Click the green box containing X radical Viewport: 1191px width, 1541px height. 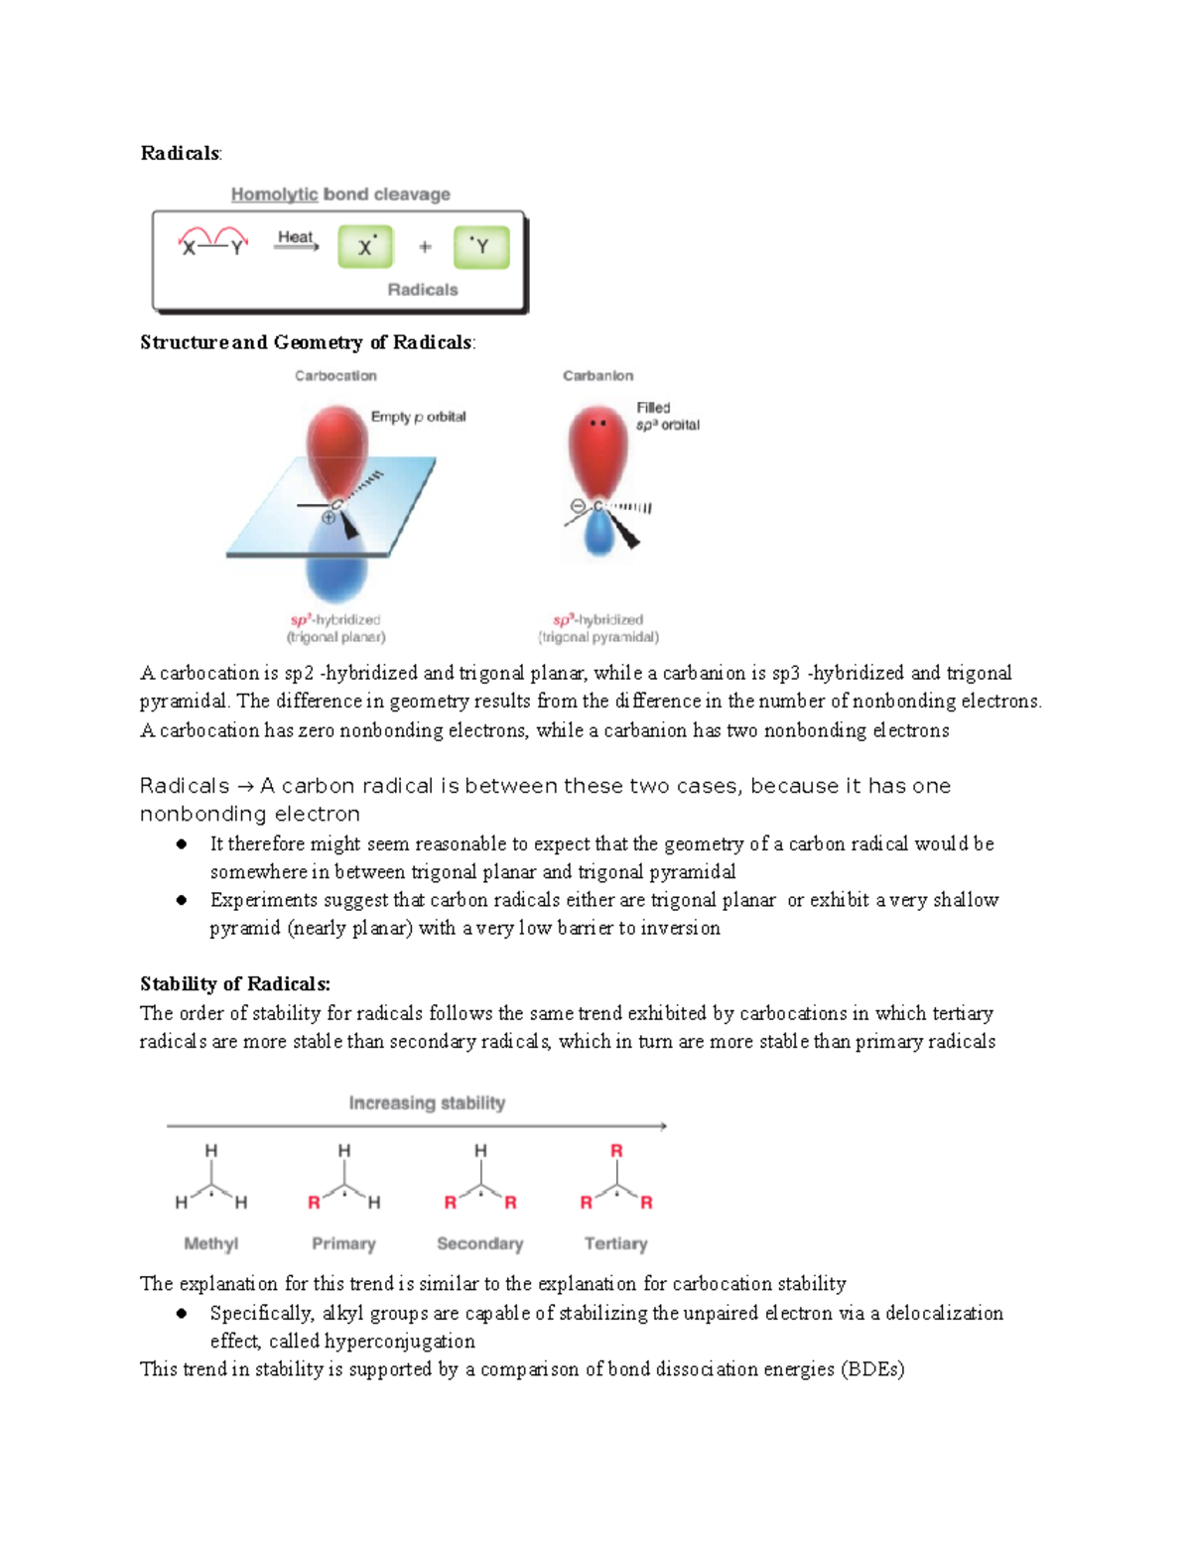click(x=365, y=247)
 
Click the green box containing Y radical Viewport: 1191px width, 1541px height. click(x=481, y=247)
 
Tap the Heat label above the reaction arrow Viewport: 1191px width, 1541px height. click(x=295, y=237)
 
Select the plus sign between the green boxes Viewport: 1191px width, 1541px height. click(x=424, y=247)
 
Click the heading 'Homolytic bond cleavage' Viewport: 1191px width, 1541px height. click(x=340, y=194)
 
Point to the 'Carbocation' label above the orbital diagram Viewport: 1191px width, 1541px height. click(x=335, y=376)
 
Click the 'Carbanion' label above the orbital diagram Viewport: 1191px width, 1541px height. click(x=598, y=376)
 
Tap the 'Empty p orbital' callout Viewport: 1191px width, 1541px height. click(x=419, y=417)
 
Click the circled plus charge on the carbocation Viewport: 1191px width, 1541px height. click(x=329, y=518)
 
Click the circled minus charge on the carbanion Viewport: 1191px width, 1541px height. click(x=578, y=506)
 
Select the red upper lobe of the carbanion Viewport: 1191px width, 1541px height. click(x=598, y=450)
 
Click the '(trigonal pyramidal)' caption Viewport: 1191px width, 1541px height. click(x=598, y=637)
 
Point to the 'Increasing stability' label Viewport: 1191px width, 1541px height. click(x=427, y=1102)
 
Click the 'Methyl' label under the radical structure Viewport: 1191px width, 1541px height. click(x=211, y=1244)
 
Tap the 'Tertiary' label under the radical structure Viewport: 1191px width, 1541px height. click(x=616, y=1244)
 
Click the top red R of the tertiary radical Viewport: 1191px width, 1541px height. click(x=616, y=1151)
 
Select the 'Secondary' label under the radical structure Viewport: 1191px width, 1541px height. click(x=480, y=1244)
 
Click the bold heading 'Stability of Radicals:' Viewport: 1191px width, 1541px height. click(x=235, y=983)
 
